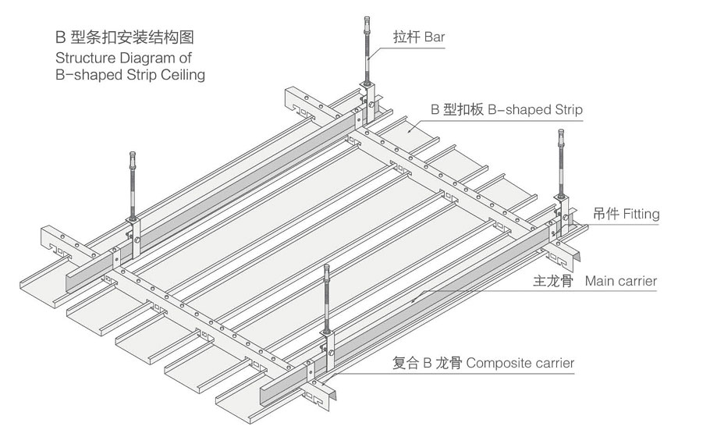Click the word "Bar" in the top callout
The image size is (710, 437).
(435, 36)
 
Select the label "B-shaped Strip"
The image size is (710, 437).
(535, 110)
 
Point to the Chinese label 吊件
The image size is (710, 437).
(605, 214)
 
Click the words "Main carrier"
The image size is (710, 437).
(621, 281)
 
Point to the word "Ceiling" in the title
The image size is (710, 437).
(183, 75)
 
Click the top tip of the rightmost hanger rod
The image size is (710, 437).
(562, 133)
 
